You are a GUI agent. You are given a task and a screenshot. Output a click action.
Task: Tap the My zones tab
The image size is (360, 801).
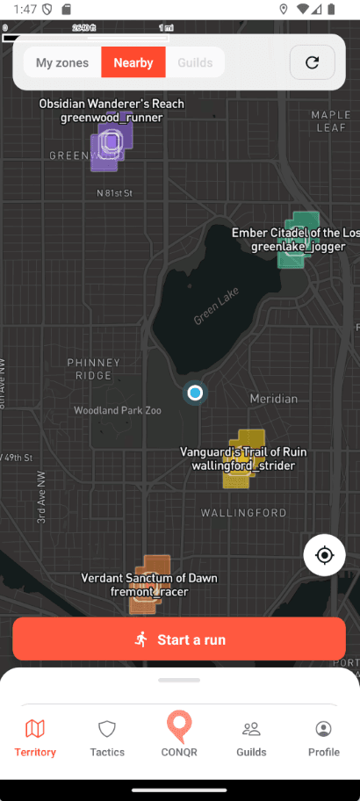[x=61, y=62]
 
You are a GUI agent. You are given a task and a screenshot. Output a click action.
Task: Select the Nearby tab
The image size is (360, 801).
[x=133, y=62]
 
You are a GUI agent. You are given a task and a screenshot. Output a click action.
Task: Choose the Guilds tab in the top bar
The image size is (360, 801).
[x=195, y=62]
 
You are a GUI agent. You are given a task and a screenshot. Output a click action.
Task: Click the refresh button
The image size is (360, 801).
[x=312, y=62]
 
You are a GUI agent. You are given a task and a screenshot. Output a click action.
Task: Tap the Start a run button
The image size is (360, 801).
[x=179, y=639]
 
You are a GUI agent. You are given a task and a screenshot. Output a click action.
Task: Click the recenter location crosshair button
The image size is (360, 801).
[x=325, y=555]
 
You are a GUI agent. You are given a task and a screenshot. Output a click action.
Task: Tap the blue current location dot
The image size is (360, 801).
[x=195, y=393]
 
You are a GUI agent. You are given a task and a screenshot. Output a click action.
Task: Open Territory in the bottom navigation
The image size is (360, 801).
[x=35, y=738]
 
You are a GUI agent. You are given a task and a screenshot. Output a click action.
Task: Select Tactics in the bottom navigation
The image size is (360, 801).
[x=107, y=738]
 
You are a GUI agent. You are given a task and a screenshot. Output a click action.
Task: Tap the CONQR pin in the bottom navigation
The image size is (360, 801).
[x=179, y=734]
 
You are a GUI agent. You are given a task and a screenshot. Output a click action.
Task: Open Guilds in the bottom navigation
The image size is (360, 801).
[x=251, y=738]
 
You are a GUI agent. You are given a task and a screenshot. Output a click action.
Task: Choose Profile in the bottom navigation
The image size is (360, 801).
[x=323, y=738]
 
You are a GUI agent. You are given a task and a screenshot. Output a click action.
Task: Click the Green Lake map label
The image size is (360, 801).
[x=216, y=308]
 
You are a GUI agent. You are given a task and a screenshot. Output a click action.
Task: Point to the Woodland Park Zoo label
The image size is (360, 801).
[x=118, y=410]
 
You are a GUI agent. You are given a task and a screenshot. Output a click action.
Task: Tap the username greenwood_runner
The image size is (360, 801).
[x=112, y=117]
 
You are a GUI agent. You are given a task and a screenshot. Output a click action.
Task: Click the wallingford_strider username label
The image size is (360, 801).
[x=243, y=465]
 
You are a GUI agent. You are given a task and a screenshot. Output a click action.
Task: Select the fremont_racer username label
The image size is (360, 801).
[x=149, y=591]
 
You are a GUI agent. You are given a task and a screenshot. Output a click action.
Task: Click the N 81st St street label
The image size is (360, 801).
[x=114, y=192]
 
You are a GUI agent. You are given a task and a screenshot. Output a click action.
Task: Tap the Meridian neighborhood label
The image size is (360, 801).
[x=274, y=399]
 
